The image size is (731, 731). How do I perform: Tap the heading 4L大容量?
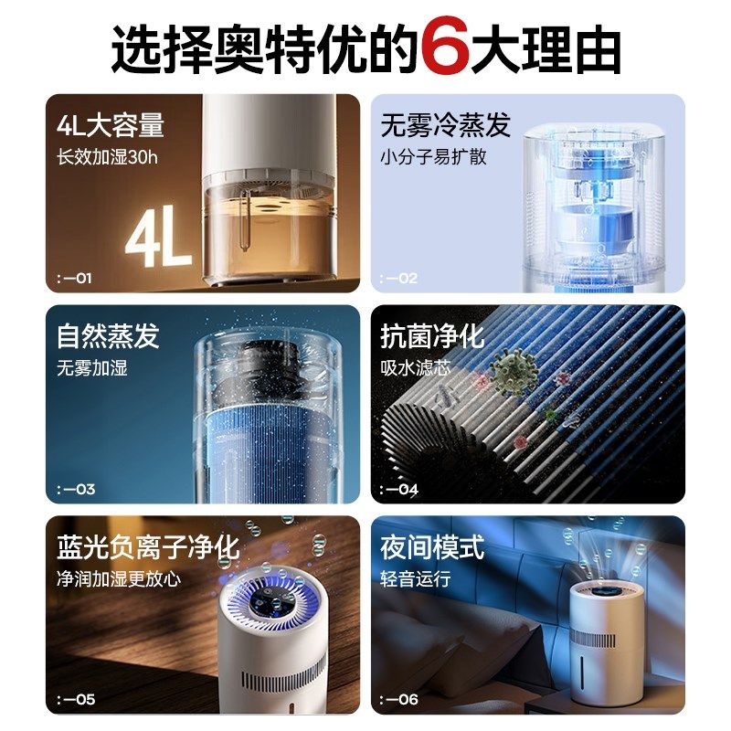110,125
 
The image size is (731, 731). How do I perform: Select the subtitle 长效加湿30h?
107,156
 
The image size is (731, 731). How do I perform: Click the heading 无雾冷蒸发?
446,125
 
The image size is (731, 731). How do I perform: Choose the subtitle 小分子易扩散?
434,156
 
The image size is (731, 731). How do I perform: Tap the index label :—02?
399,278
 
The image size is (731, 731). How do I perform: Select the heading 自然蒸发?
108,336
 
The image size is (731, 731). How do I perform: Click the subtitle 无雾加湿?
92,368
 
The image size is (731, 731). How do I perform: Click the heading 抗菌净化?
432,336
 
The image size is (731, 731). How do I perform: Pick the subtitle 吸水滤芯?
417,368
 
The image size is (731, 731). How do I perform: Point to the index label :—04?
400,489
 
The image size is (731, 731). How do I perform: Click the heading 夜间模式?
432,547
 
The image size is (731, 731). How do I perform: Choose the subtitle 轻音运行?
417,579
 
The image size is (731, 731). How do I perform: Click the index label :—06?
400,700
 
